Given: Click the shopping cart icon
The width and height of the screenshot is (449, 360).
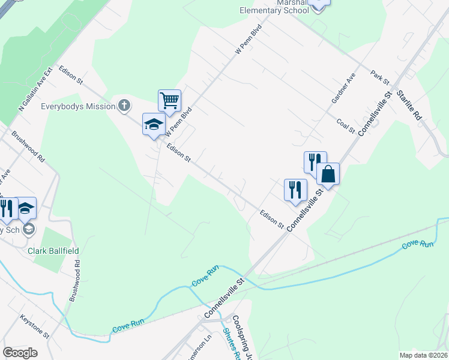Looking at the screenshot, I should pyautogui.click(x=169, y=100).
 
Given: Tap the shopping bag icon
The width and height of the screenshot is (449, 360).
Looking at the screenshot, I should pyautogui.click(x=328, y=174).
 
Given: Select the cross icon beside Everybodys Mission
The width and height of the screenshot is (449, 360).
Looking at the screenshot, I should pyautogui.click(x=124, y=106).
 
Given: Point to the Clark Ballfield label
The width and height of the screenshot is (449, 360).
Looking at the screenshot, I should pyautogui.click(x=53, y=250).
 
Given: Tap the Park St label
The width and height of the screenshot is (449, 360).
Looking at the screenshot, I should pyautogui.click(x=380, y=77).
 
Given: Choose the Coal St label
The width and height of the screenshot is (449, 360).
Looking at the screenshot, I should pyautogui.click(x=348, y=122).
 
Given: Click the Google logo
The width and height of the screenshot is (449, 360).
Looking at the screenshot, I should pyautogui.click(x=20, y=353).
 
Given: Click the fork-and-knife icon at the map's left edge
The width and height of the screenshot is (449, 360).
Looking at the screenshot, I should pyautogui.click(x=6, y=208).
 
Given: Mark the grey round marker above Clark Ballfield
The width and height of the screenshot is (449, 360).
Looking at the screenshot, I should pyautogui.click(x=29, y=229).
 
